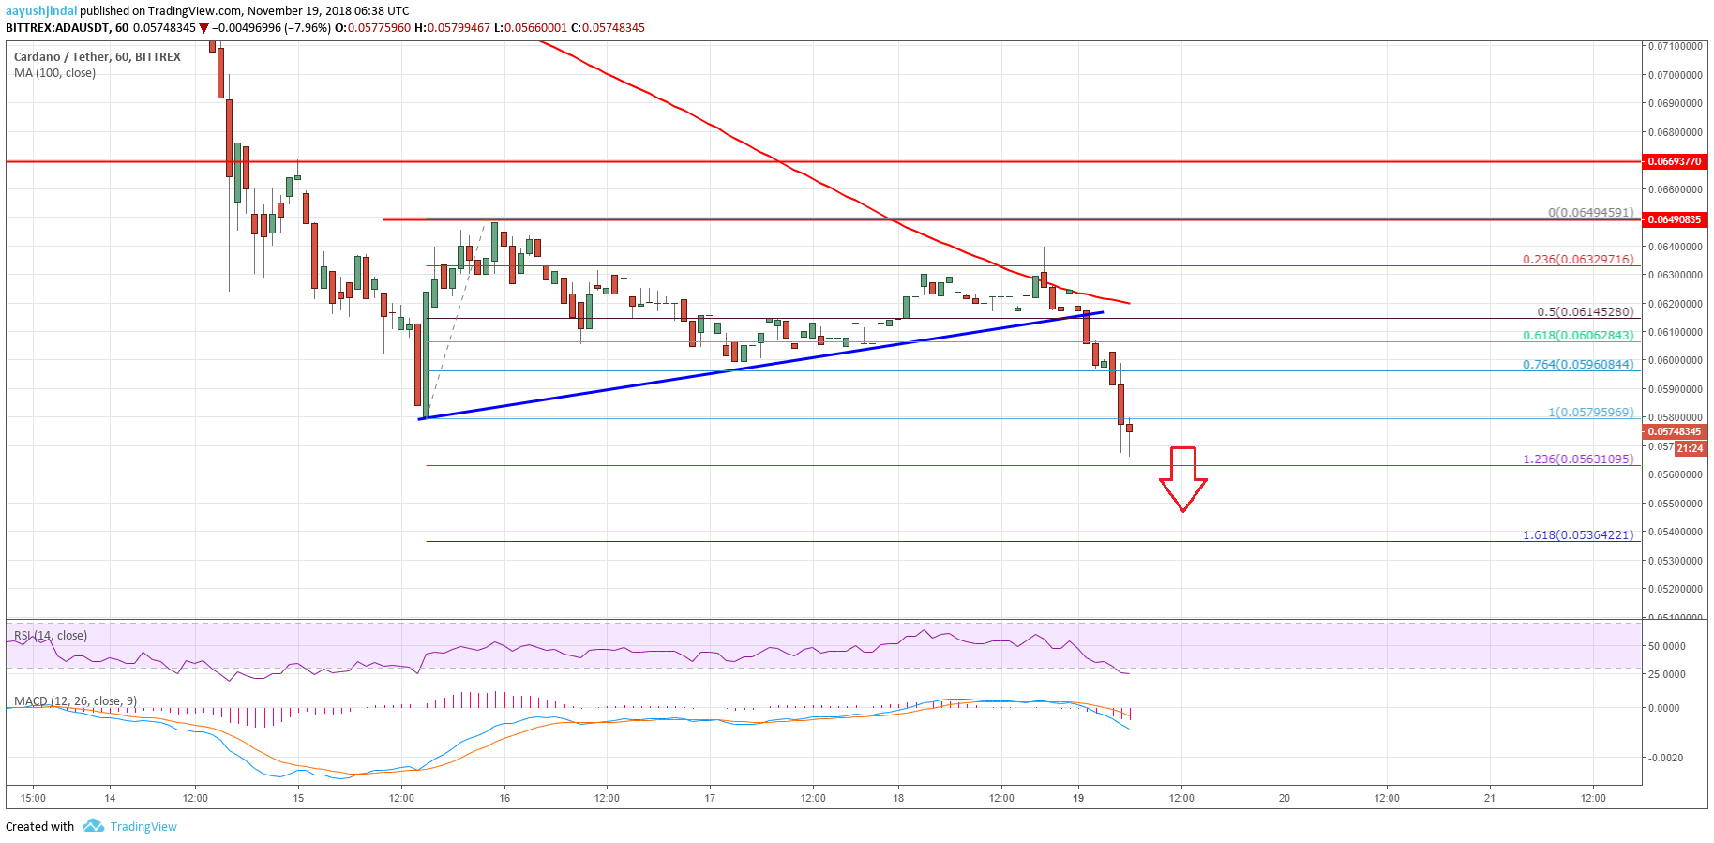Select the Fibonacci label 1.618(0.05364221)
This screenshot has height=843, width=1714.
coord(1578,534)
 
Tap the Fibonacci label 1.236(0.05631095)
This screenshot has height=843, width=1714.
coord(1578,459)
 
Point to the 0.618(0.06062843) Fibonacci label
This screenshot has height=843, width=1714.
coord(1578,335)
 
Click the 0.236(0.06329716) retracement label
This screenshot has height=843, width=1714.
coord(1578,259)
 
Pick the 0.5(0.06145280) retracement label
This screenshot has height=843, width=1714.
coord(1585,311)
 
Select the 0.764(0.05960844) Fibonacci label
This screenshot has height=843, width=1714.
coord(1578,364)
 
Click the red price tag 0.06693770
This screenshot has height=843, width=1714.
coord(1675,161)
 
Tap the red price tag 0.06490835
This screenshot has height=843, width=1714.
coord(1675,219)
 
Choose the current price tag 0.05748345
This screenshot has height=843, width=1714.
coord(1675,431)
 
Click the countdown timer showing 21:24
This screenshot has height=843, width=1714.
coord(1690,448)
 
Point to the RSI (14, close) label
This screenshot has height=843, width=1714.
coord(51,636)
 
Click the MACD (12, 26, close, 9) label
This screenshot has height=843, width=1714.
coord(75,701)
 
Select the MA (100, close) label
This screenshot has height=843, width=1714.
coord(54,73)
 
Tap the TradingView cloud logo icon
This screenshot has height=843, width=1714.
coord(93,826)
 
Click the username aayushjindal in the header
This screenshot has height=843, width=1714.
coord(40,11)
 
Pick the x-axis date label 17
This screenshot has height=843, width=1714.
coord(710,798)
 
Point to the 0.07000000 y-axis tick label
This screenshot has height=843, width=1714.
coord(1676,75)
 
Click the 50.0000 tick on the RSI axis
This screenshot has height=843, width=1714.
coord(1667,646)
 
